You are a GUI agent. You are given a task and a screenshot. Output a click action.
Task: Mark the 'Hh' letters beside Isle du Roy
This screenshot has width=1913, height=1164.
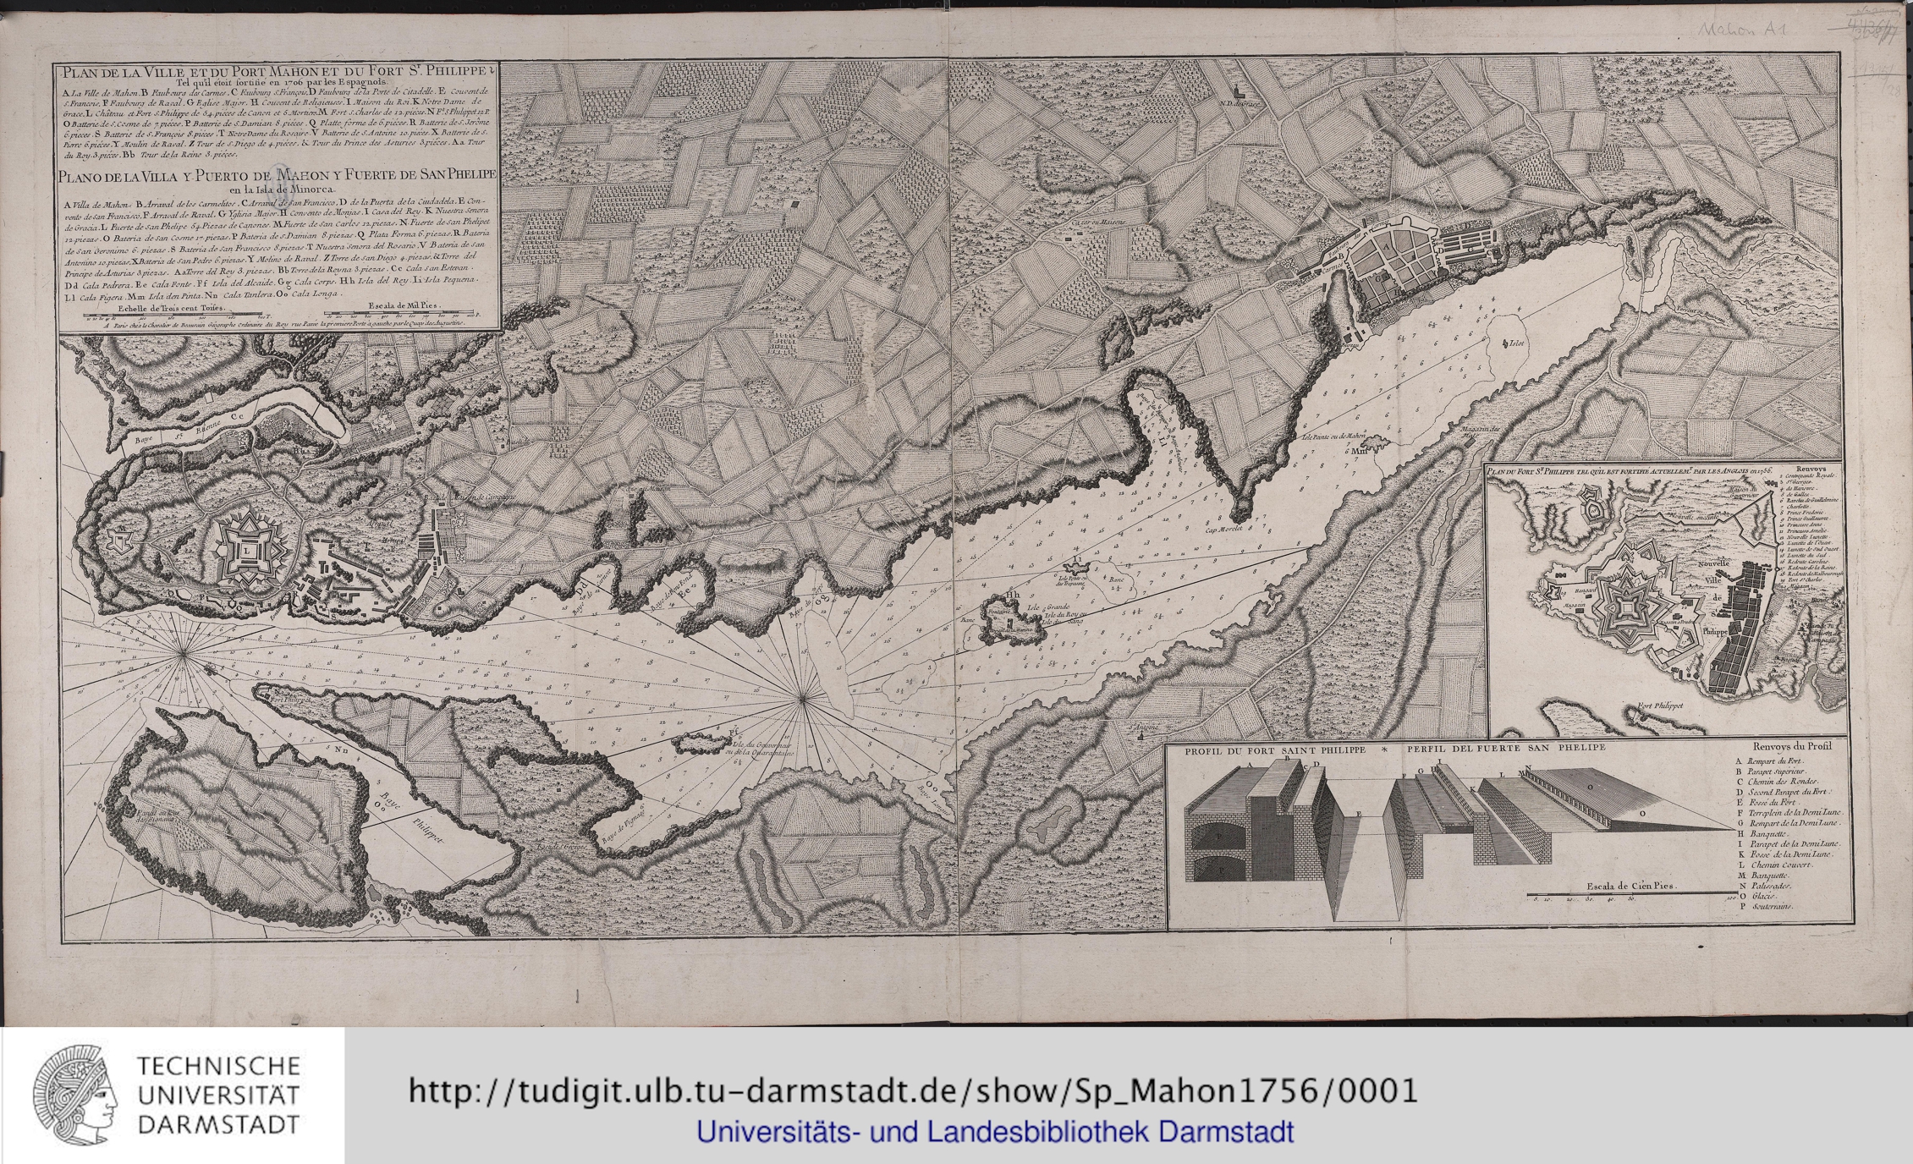tap(1012, 594)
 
